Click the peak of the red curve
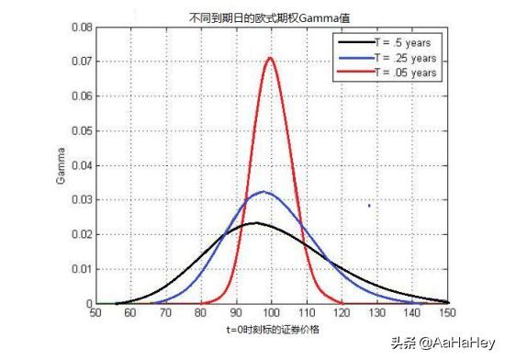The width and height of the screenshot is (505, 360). [271, 58]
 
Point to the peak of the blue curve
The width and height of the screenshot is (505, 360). [263, 192]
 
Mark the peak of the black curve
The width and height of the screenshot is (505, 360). [254, 222]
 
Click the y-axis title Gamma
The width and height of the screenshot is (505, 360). [61, 166]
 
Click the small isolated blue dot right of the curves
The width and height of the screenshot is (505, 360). [369, 206]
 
